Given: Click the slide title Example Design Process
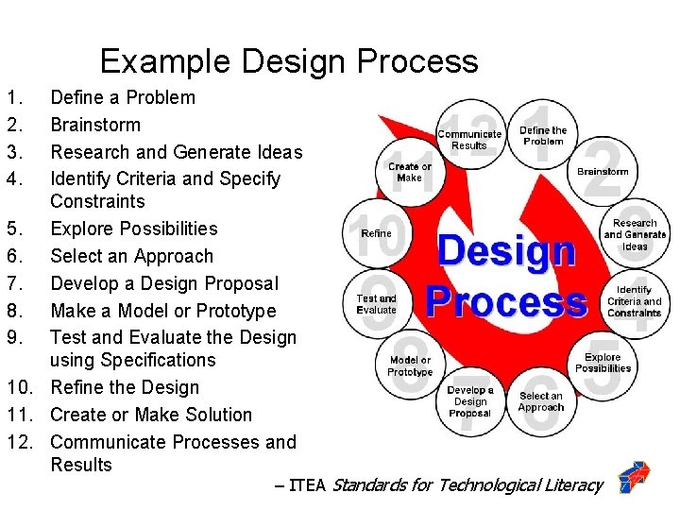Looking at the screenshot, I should pyautogui.click(x=289, y=61).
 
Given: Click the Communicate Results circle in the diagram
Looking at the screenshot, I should pyautogui.click(x=469, y=140).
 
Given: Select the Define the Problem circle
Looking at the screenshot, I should pyautogui.click(x=543, y=136).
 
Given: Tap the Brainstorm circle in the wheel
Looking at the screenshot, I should pyautogui.click(x=603, y=172).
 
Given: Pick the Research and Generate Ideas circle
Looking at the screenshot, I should pyautogui.click(x=635, y=234).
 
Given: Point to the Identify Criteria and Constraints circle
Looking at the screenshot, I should pyautogui.click(x=634, y=300).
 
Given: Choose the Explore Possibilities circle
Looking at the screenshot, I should pyautogui.click(x=603, y=363).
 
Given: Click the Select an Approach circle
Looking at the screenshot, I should pyautogui.click(x=541, y=401).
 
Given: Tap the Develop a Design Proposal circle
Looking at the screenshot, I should pyautogui.click(x=470, y=400).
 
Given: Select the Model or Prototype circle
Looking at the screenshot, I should pyautogui.click(x=410, y=365).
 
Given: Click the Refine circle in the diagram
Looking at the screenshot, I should pyautogui.click(x=376, y=233).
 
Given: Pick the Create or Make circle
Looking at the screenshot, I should pyautogui.click(x=410, y=172).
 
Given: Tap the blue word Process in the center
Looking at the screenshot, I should pyautogui.click(x=506, y=301).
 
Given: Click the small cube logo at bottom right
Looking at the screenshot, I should pyautogui.click(x=634, y=479).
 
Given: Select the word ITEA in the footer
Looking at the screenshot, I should pyautogui.click(x=307, y=485).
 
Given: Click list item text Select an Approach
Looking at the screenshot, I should pyautogui.click(x=131, y=256).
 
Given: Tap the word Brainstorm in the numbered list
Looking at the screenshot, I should pyautogui.click(x=94, y=125).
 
